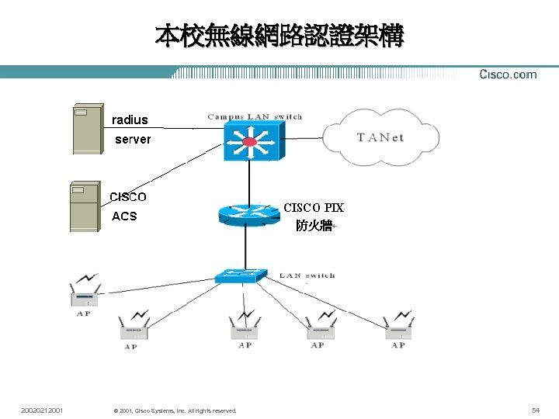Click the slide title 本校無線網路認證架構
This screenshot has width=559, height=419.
pyautogui.click(x=279, y=36)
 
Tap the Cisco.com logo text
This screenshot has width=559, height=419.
pyautogui.click(x=508, y=74)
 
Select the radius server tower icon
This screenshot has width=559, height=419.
pyautogui.click(x=87, y=129)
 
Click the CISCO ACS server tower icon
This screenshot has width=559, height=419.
pyautogui.click(x=84, y=206)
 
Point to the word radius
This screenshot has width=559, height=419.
pyautogui.click(x=130, y=119)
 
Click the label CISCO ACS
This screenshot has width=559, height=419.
pyautogui.click(x=127, y=206)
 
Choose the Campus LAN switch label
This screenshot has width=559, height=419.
pyautogui.click(x=255, y=117)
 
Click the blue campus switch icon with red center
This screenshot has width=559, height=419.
pyautogui.click(x=249, y=142)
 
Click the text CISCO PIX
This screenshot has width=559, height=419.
pyautogui.click(x=313, y=208)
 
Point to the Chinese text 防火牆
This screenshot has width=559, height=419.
pyautogui.click(x=314, y=226)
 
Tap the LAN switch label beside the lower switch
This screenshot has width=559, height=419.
pyautogui.click(x=307, y=275)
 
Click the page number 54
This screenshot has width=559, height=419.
pyautogui.click(x=535, y=409)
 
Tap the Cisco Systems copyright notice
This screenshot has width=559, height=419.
pyautogui.click(x=175, y=410)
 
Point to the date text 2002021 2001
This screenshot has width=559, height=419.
pyautogui.click(x=43, y=409)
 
